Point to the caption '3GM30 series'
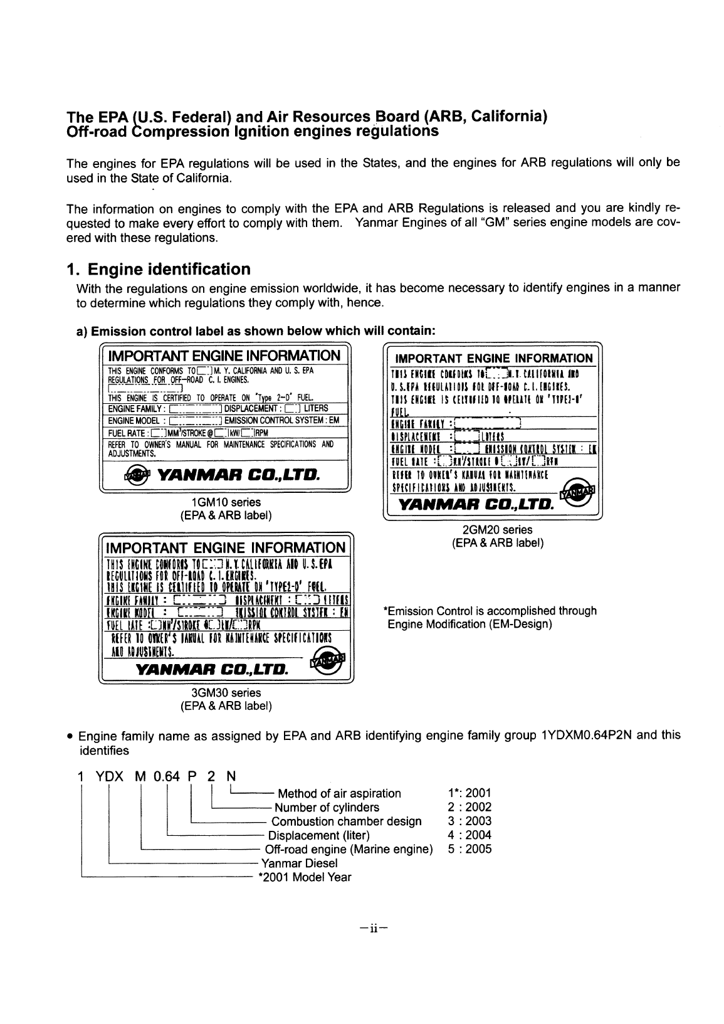click(x=226, y=693)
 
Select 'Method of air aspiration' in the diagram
click(x=338, y=793)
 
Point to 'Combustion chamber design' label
click(x=346, y=821)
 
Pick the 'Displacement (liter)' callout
click(x=318, y=835)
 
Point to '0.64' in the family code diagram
click(x=166, y=777)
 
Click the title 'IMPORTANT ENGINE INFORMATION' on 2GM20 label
click(x=492, y=358)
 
